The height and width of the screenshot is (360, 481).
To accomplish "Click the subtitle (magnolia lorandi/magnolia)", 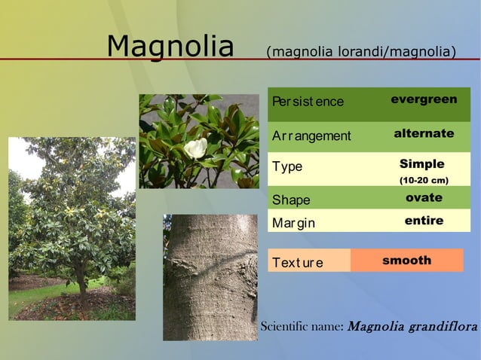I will pyautogui.click(x=361, y=52).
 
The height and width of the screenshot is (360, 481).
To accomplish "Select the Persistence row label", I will pyautogui.click(x=308, y=102).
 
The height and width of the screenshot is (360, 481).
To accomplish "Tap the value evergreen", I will pyautogui.click(x=424, y=99).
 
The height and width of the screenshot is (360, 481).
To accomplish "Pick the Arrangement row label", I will pyautogui.click(x=311, y=136).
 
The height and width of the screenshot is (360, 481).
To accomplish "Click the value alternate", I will pyautogui.click(x=424, y=133).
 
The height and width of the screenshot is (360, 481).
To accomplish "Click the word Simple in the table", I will pyautogui.click(x=422, y=164).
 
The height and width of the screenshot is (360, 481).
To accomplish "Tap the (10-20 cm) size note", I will pyautogui.click(x=424, y=181).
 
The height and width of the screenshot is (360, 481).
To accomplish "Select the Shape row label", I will pyautogui.click(x=291, y=200).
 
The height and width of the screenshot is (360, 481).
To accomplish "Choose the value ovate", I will pyautogui.click(x=424, y=198).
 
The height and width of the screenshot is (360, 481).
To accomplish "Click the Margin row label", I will pyautogui.click(x=293, y=223).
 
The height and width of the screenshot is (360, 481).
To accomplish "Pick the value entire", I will pyautogui.click(x=424, y=221).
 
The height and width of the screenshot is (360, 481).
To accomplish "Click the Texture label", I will pyautogui.click(x=297, y=263).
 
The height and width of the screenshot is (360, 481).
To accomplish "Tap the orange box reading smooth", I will pyautogui.click(x=407, y=261).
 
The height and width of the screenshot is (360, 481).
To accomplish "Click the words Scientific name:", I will pyautogui.click(x=302, y=327).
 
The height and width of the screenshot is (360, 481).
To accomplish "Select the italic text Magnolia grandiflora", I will pyautogui.click(x=413, y=327).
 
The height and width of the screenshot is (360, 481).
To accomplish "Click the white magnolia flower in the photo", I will pyautogui.click(x=196, y=148).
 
